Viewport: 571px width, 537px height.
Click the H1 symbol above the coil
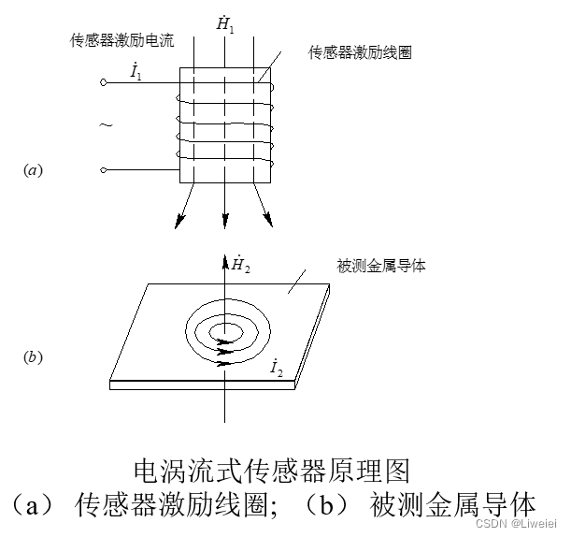pos(225,24)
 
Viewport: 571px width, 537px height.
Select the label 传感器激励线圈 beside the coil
pos(360,52)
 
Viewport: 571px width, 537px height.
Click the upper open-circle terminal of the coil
pos(103,83)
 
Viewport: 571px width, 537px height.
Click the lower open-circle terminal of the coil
pos(103,170)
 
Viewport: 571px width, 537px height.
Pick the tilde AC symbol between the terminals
pos(105,124)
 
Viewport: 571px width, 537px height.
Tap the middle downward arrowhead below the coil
pos(224,222)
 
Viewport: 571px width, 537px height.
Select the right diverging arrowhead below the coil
pos(268,222)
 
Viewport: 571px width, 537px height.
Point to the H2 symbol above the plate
pos(241,266)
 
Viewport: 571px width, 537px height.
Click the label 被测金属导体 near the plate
pos(383,267)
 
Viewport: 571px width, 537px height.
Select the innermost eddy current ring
pos(224,330)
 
